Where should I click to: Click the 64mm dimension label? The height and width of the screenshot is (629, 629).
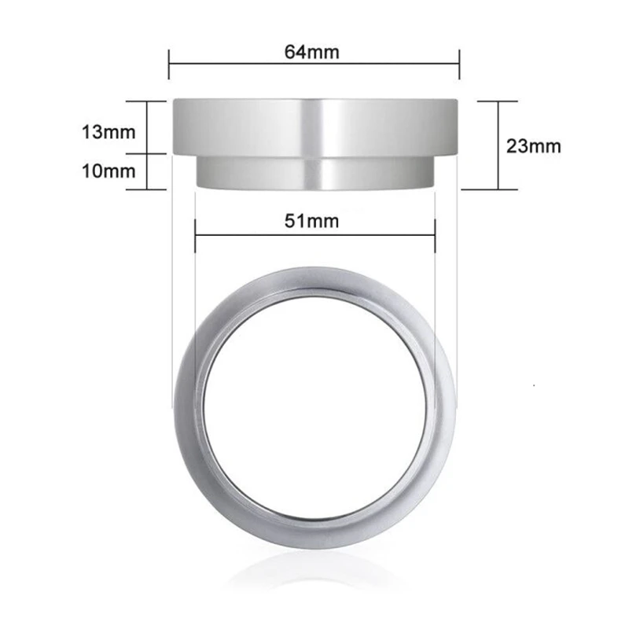click(313, 52)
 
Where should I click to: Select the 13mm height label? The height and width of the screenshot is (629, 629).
click(109, 131)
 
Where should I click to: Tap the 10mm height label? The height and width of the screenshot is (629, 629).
click(109, 170)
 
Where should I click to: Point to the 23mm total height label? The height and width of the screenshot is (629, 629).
click(535, 145)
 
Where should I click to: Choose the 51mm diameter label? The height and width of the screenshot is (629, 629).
click(313, 220)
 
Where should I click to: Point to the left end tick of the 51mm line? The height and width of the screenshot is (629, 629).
click(195, 234)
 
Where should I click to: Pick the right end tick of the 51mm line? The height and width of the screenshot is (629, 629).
click(435, 234)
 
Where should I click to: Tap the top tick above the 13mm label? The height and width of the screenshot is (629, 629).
click(148, 101)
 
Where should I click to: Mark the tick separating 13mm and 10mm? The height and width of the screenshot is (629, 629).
click(148, 153)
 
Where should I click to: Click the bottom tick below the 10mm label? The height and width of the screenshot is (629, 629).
click(148, 189)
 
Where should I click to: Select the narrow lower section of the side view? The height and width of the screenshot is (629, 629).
click(314, 172)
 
